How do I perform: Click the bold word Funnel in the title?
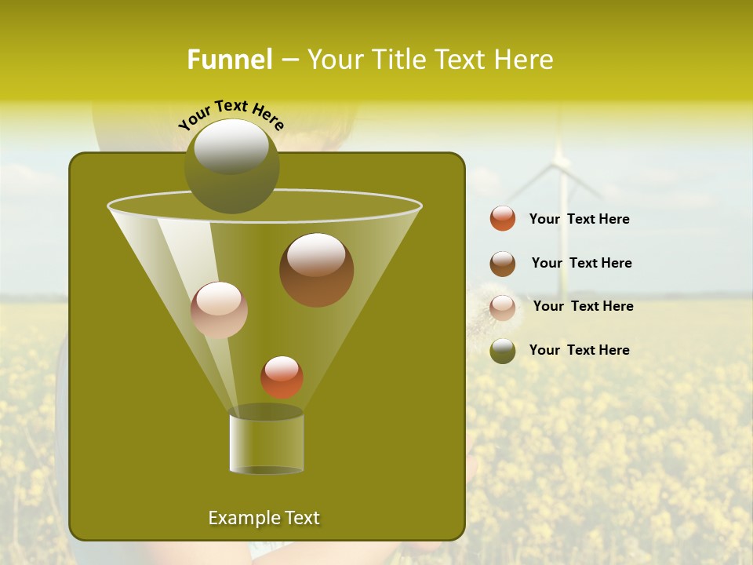click(x=229, y=60)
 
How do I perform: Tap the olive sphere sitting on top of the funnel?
click(x=231, y=166)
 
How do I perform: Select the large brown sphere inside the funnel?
click(x=316, y=270)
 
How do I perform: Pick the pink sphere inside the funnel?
click(x=219, y=310)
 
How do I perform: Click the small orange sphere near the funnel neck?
click(x=282, y=377)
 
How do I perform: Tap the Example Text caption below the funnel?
click(x=264, y=518)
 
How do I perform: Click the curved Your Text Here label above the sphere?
click(x=231, y=115)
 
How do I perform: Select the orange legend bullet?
click(x=503, y=219)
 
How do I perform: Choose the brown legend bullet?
click(x=503, y=264)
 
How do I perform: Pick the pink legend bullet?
click(x=503, y=307)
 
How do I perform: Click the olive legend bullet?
click(x=503, y=351)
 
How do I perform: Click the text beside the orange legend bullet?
click(x=579, y=220)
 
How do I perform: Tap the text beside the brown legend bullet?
click(x=581, y=264)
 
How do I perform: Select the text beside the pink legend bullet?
click(x=583, y=307)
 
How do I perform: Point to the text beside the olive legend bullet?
click(x=579, y=351)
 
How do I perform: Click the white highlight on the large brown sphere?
click(x=316, y=255)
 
